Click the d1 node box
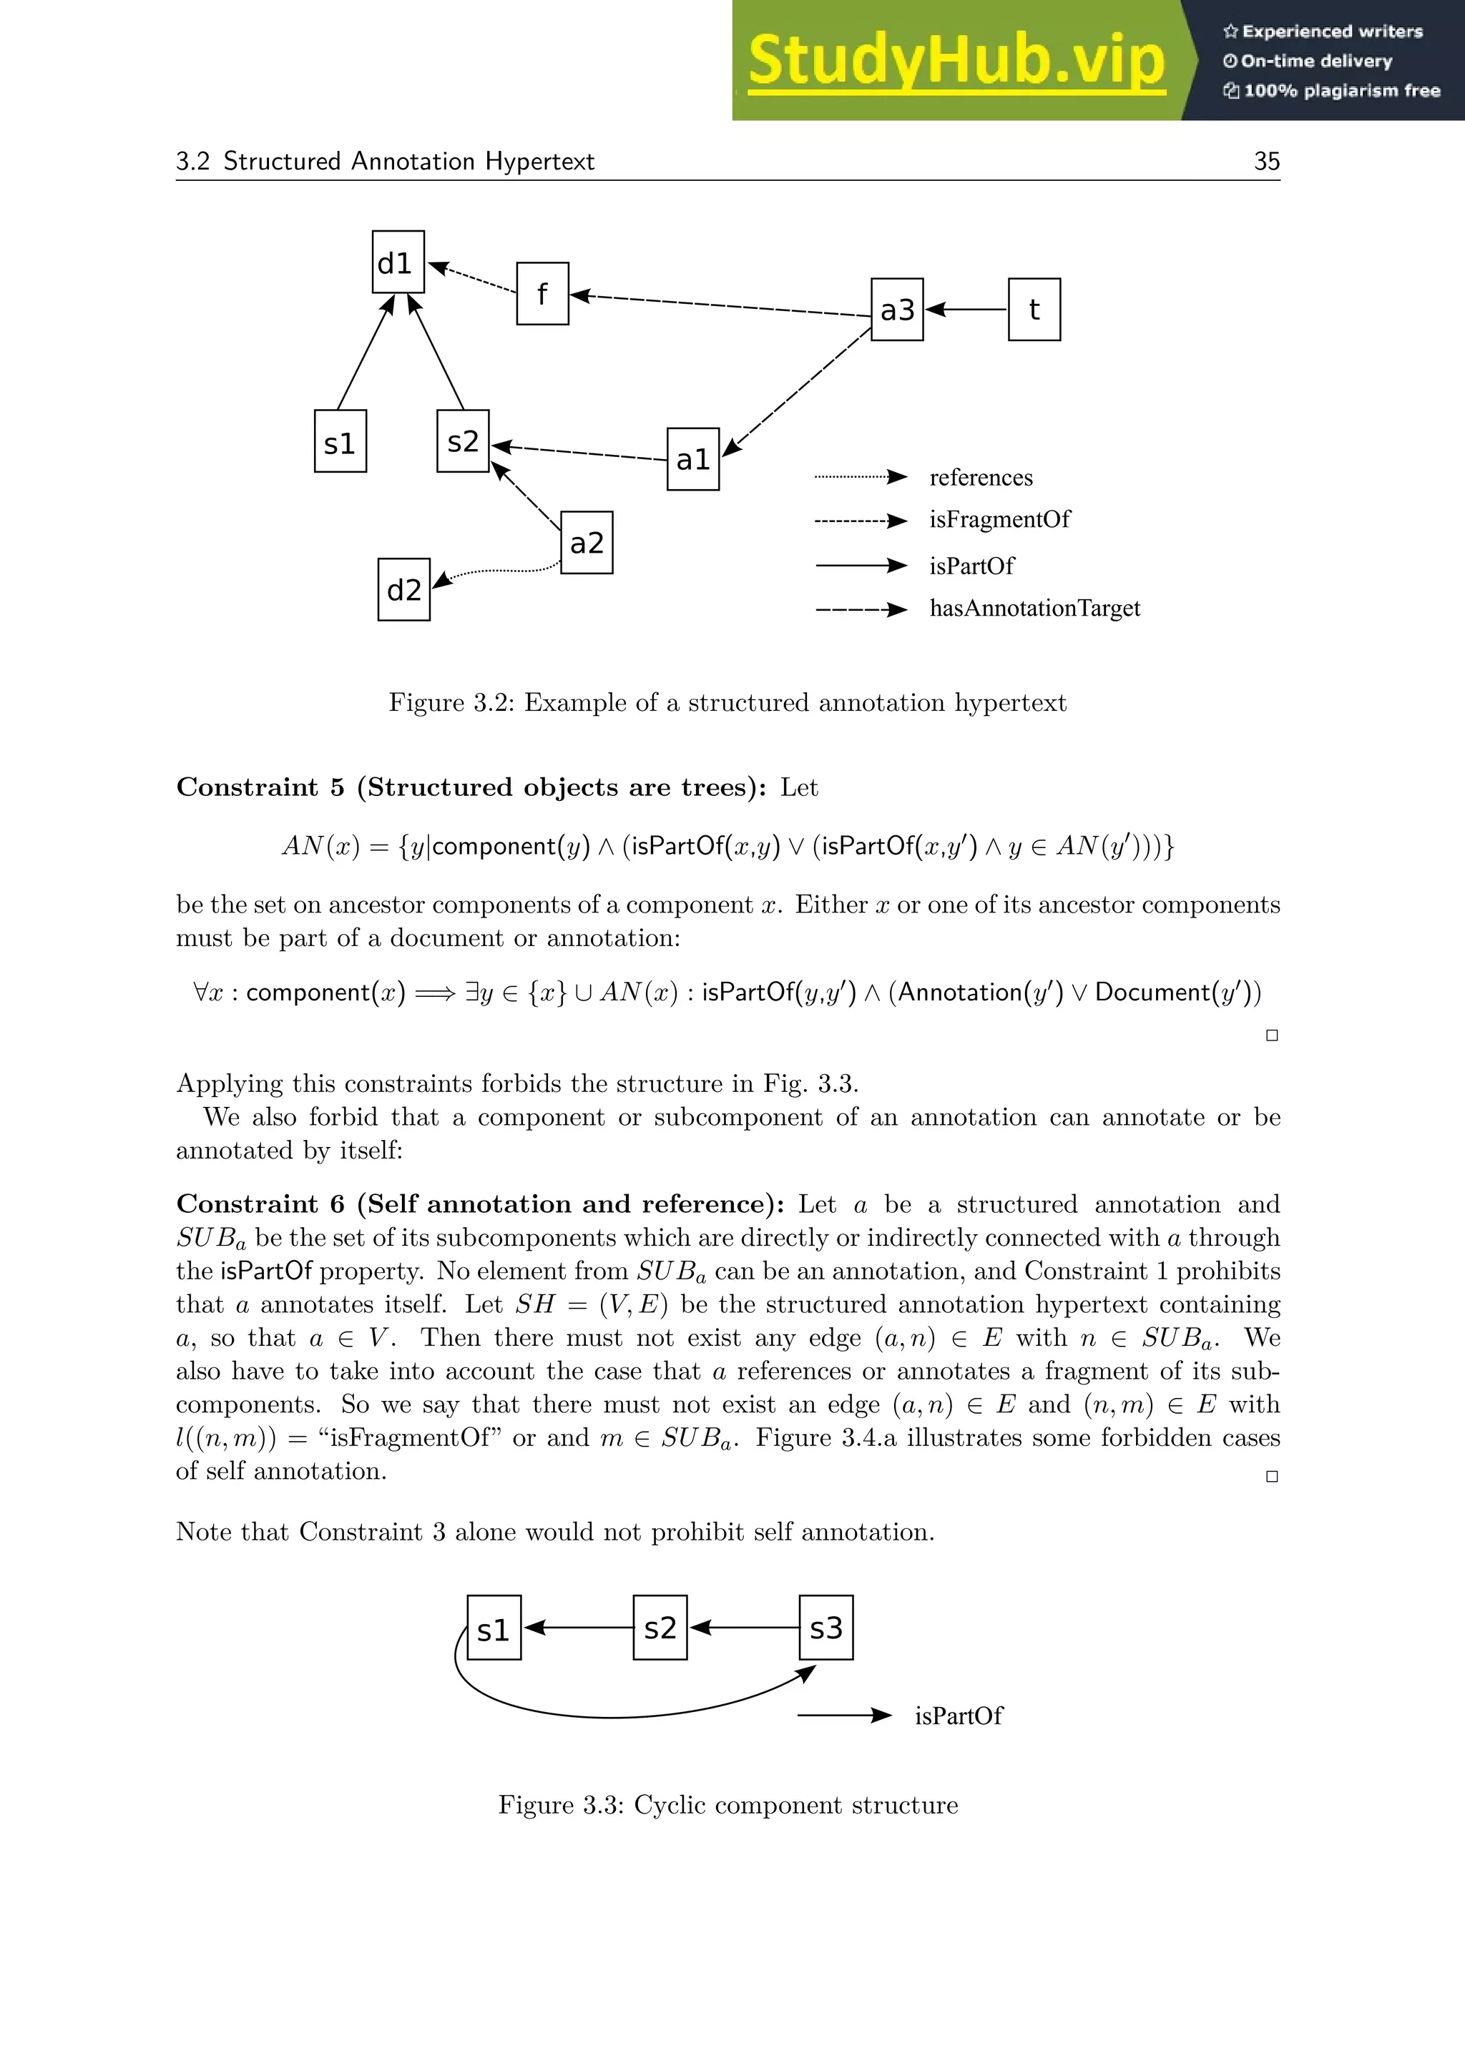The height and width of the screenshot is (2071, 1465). [x=398, y=262]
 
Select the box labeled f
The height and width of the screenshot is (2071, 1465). [x=542, y=293]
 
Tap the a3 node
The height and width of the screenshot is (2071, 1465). [x=897, y=310]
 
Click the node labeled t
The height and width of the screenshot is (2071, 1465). [x=1034, y=310]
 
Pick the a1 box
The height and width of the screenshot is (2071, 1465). [x=693, y=459]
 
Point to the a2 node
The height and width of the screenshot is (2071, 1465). [x=587, y=542]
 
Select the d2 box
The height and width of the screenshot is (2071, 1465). [x=403, y=590]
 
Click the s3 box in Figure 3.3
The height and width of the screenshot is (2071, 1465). [x=825, y=1627]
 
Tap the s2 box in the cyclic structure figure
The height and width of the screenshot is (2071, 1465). [x=660, y=1627]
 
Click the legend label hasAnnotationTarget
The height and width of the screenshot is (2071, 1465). [x=1034, y=608]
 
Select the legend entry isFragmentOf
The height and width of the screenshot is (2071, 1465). [x=999, y=520]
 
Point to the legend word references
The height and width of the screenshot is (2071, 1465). [x=981, y=477]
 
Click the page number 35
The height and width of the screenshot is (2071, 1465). [x=1267, y=162]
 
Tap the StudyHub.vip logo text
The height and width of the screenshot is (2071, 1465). [x=956, y=61]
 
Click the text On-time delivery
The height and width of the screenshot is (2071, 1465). [x=1315, y=62]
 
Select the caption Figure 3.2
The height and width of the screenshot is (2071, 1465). [x=727, y=703]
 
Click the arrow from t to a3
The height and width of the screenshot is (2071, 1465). [x=967, y=310]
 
